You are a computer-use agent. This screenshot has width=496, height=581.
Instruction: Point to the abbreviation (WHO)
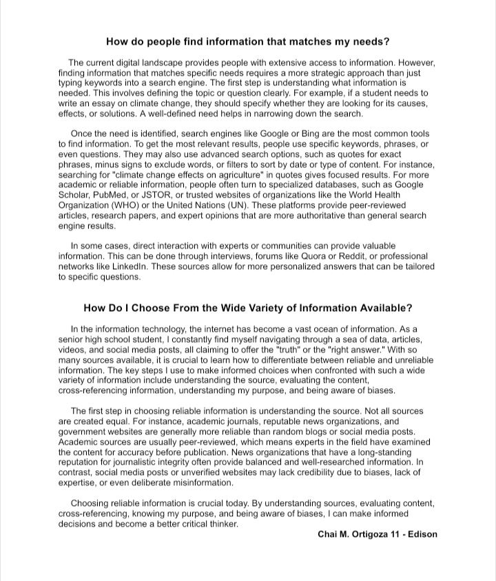pyautogui.click(x=121, y=206)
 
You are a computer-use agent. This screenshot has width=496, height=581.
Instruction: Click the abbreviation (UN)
pyautogui.click(x=231, y=206)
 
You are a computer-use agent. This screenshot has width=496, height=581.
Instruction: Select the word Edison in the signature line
pyautogui.click(x=422, y=534)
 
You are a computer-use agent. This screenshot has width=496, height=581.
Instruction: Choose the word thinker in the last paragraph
pyautogui.click(x=223, y=524)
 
